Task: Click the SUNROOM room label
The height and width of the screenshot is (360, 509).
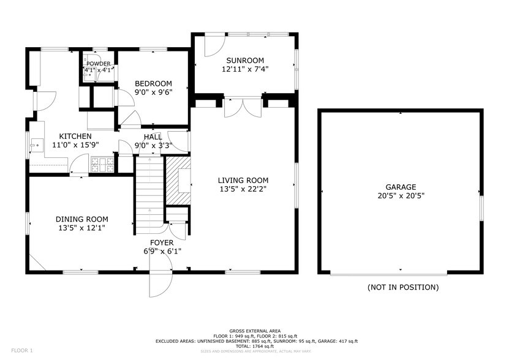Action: (x=245, y=60)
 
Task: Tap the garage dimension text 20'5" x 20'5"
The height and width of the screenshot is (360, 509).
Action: (x=401, y=197)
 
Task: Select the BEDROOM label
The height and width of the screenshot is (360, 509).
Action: (x=153, y=84)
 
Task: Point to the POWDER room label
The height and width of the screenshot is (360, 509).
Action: (x=98, y=63)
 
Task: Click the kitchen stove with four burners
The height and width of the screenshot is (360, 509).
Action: (x=102, y=164)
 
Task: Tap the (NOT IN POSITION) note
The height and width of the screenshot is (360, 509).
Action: (x=402, y=287)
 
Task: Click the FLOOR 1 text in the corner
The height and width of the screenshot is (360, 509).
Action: (x=21, y=350)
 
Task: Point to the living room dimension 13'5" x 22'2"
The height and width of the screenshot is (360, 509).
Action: (x=243, y=189)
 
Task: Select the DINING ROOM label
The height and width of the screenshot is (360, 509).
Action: (x=81, y=219)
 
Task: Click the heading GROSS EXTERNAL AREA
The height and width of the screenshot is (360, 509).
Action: (x=255, y=331)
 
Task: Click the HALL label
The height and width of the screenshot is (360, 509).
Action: (x=153, y=137)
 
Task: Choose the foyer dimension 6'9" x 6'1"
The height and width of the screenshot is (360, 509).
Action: (x=158, y=251)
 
